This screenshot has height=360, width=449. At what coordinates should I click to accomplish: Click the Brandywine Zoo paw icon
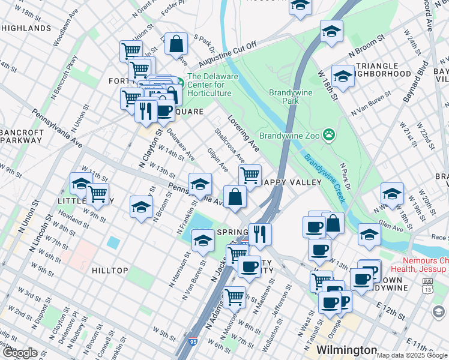[x=328, y=134]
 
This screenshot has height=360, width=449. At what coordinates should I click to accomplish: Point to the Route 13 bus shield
[x=427, y=287]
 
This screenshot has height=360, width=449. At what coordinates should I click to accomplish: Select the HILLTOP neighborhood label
[x=110, y=271]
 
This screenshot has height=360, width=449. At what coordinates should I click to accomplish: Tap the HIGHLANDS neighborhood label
[x=25, y=28]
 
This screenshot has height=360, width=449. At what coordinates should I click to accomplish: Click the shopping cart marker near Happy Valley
[x=249, y=175]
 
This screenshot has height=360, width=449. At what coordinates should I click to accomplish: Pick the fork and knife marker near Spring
[x=260, y=233]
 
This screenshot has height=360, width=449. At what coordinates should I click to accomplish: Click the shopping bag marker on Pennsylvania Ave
[x=235, y=197]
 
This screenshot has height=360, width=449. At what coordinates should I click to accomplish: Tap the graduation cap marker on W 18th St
[x=343, y=76]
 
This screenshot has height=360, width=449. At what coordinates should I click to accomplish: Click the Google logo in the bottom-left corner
[x=20, y=353]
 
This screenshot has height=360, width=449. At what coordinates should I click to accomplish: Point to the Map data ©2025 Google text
[x=412, y=355]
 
